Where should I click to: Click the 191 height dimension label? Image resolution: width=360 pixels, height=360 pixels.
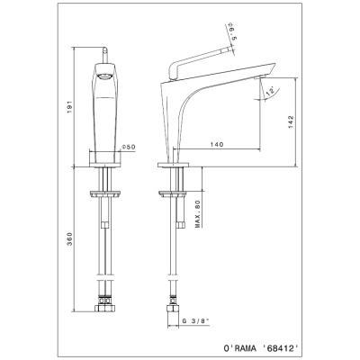69,106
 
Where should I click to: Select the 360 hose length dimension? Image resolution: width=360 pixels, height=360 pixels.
69,238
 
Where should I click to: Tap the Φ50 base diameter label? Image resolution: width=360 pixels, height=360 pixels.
129,147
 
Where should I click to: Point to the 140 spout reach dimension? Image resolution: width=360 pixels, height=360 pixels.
217,144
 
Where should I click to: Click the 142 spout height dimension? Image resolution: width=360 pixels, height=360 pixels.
291,122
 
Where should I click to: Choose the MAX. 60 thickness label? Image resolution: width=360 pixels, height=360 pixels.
198,214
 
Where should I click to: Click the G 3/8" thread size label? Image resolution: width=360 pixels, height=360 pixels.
195,320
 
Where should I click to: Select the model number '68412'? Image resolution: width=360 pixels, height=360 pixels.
281,348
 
